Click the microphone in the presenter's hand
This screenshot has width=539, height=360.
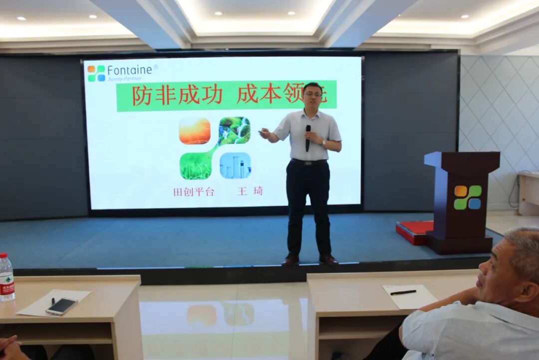pos(308,136)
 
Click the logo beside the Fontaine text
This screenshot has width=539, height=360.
pos(96,73)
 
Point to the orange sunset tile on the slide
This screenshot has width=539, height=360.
pos(195,131)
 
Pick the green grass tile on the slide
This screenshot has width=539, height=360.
pos(196,165)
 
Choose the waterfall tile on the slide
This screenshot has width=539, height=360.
pos(234,131)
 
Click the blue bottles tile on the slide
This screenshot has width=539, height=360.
pos(235,165)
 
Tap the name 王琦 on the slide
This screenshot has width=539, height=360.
pos(250,191)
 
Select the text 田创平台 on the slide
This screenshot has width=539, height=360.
pos(194,191)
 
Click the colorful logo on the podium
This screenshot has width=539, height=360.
pos(468,197)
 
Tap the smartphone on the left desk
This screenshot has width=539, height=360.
pos(61,306)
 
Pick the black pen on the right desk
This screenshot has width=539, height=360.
pos(403,292)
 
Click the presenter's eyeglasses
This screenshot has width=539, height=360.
pos(313,94)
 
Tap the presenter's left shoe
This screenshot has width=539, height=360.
pos(328,259)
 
